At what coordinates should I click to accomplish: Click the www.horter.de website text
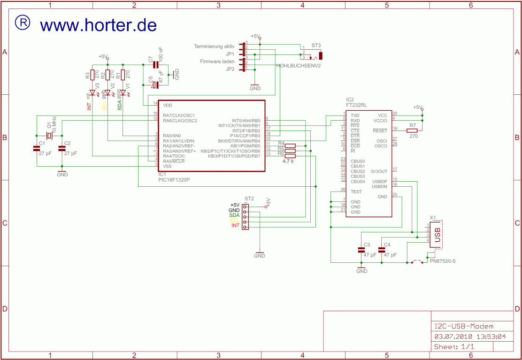(x=98, y=24)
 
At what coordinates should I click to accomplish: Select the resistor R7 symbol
(x=412, y=130)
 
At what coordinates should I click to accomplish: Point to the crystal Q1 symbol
(x=49, y=135)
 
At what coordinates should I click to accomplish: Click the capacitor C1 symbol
(x=37, y=148)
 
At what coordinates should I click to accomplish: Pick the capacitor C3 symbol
(x=361, y=251)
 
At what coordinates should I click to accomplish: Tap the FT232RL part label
(x=357, y=105)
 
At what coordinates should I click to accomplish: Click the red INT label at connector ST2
(x=235, y=226)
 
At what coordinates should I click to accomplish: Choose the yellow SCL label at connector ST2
(x=234, y=221)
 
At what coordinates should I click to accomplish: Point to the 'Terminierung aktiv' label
(x=214, y=46)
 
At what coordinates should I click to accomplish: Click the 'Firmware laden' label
(x=217, y=61)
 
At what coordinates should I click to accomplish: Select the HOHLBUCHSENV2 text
(x=299, y=66)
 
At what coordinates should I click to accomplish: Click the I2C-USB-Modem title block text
(x=463, y=326)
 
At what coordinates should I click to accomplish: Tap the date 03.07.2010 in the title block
(x=450, y=337)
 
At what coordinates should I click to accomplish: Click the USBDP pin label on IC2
(x=379, y=181)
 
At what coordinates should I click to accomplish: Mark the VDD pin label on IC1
(x=168, y=105)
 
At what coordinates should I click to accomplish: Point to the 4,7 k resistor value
(x=288, y=161)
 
